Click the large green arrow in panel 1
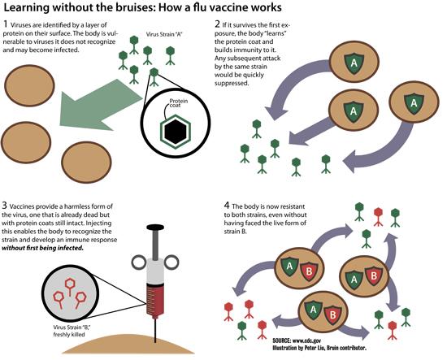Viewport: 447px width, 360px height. pyautogui.click(x=100, y=105)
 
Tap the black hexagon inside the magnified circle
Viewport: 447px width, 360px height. pyautogui.click(x=176, y=132)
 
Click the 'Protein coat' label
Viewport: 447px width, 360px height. pyautogui.click(x=179, y=103)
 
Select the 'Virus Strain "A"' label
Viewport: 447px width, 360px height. pyautogui.click(x=164, y=34)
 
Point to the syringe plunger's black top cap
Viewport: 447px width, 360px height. pyautogui.click(x=155, y=228)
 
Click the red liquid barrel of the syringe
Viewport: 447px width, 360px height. pyautogui.click(x=155, y=299)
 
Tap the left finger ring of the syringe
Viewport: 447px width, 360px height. pyautogui.click(x=139, y=262)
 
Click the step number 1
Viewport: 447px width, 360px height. pyautogui.click(x=6, y=24)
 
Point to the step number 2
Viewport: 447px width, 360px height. pyautogui.click(x=218, y=24)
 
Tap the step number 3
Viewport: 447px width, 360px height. pyautogui.click(x=4, y=206)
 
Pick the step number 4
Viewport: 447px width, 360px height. pyautogui.click(x=227, y=206)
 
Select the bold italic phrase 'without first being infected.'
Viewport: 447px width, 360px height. pyautogui.click(x=43, y=248)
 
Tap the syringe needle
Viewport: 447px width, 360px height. pyautogui.click(x=155, y=329)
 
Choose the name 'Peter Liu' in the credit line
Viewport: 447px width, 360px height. pyautogui.click(x=315, y=348)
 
